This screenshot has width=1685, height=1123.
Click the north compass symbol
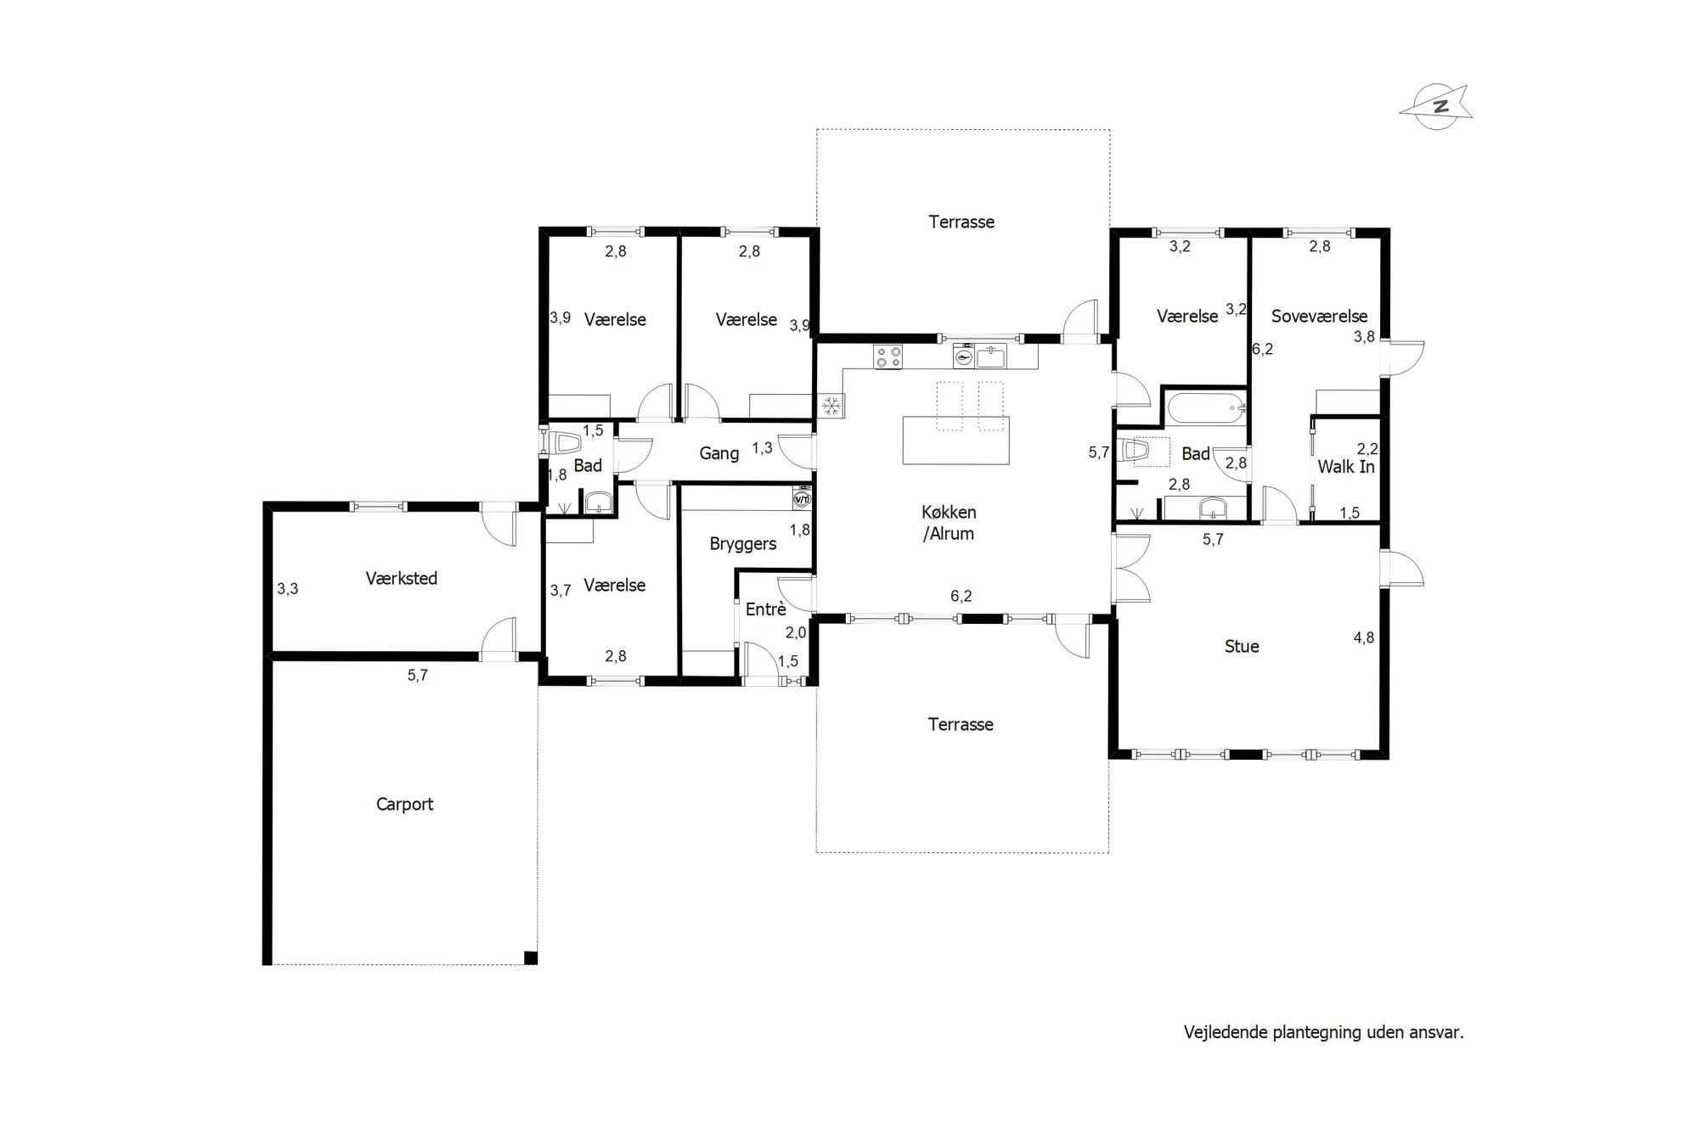(1435, 107)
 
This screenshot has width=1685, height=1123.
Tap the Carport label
(404, 804)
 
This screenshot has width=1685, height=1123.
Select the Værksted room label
(402, 578)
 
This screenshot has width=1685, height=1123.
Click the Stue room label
(1242, 646)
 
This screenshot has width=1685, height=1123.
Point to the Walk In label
(1346, 466)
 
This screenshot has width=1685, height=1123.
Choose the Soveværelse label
(1319, 316)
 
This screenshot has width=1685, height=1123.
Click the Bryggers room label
(743, 544)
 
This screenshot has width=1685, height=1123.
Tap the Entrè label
(765, 609)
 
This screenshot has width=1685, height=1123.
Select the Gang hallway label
(719, 453)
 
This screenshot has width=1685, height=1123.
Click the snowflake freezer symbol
(831, 406)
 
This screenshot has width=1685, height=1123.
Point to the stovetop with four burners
(889, 356)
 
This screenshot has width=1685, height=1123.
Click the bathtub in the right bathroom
(1206, 408)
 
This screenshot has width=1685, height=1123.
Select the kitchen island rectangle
(955, 440)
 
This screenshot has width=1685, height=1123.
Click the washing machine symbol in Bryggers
(801, 498)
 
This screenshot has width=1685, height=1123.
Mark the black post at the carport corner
(531, 958)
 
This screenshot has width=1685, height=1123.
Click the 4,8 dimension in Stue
(1363, 637)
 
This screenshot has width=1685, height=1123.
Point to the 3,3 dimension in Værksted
(288, 588)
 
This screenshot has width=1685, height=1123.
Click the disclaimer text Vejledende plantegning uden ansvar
(1324, 1032)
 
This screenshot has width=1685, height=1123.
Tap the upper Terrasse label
(961, 222)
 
